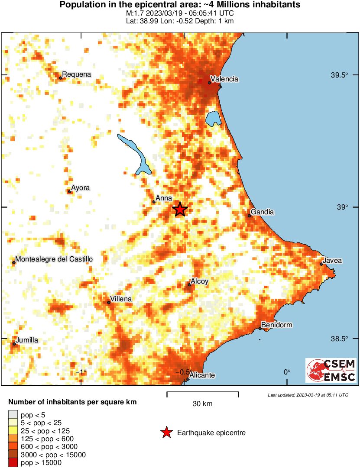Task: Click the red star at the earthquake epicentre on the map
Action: click(x=180, y=209)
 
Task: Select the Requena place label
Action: click(x=77, y=74)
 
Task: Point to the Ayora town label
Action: click(x=80, y=188)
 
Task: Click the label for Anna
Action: click(x=164, y=198)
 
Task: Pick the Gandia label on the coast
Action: click(x=262, y=212)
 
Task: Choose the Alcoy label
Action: click(x=199, y=281)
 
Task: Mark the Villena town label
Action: click(x=121, y=299)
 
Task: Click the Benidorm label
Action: click(x=277, y=325)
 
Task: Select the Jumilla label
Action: click(x=27, y=340)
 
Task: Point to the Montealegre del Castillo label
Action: click(x=54, y=259)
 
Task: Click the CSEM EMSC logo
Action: click(x=331, y=370)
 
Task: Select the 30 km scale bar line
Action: click(x=202, y=393)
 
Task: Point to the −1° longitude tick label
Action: click(x=81, y=372)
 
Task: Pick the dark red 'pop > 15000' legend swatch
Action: click(x=13, y=463)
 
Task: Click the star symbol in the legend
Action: click(x=166, y=432)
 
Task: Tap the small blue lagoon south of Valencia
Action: click(x=213, y=118)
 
